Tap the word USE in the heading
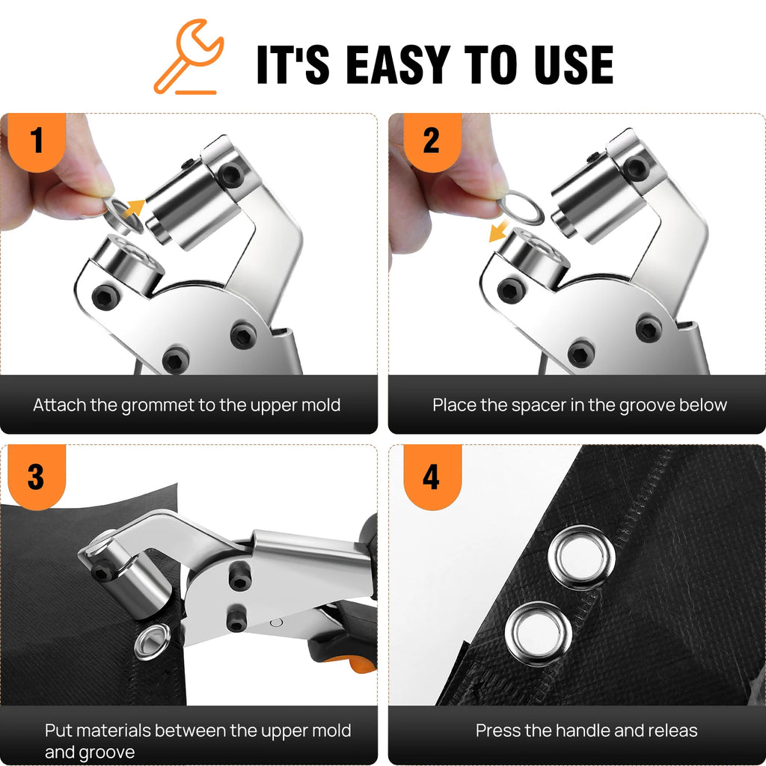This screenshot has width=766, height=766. tap(574, 64)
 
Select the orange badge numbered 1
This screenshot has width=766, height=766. tap(37, 141)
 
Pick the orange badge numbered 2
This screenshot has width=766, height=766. tap(432, 141)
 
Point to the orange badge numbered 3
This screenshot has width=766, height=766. tap(37, 477)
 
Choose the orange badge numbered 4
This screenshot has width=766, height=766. tap(432, 477)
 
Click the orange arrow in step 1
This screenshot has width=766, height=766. tap(133, 209)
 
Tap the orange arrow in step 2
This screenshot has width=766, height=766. tap(498, 230)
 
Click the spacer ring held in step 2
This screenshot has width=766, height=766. tap(521, 208)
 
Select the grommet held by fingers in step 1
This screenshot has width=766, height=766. tap(122, 215)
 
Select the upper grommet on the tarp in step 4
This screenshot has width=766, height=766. tap(581, 557)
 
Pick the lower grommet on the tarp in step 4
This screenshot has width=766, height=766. tap(539, 633)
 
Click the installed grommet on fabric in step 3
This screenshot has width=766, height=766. tap(153, 641)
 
